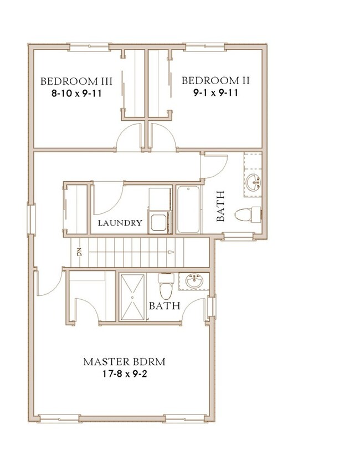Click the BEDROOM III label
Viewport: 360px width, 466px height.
(x=76, y=81)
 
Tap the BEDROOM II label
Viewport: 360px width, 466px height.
(x=215, y=80)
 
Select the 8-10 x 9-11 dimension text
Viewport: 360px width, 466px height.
(x=76, y=94)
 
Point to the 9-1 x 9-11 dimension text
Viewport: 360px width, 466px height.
(x=216, y=93)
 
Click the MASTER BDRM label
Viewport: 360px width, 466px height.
(x=124, y=362)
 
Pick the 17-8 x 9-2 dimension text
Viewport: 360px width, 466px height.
(x=125, y=374)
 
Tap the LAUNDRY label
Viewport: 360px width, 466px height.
(x=120, y=223)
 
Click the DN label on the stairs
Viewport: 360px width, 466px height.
(x=79, y=252)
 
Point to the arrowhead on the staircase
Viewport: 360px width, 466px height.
(x=171, y=252)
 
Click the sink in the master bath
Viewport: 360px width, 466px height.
(x=194, y=281)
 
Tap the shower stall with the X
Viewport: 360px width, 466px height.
(x=132, y=297)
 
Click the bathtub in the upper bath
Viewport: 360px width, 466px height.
(x=189, y=209)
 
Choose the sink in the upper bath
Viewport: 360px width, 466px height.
(x=253, y=182)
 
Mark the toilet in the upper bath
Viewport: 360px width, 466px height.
(x=248, y=214)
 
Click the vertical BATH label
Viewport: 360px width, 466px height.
(x=220, y=206)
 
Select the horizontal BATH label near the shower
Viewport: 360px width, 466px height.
(x=164, y=306)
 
